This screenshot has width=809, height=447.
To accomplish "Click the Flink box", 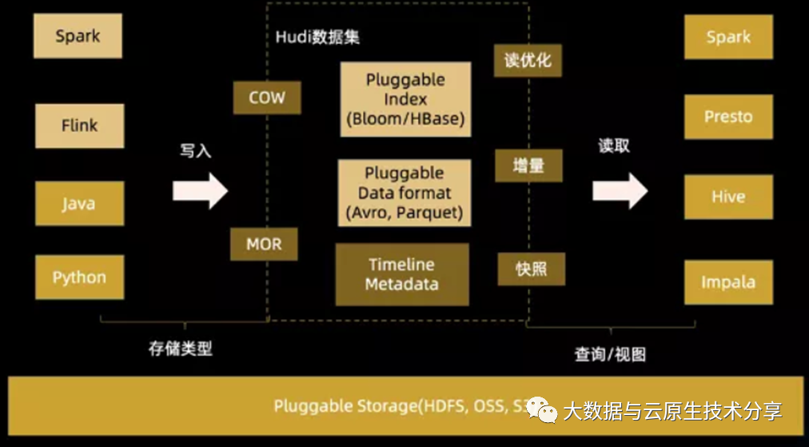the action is click(x=79, y=126).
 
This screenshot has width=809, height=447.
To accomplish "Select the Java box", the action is click(x=79, y=203).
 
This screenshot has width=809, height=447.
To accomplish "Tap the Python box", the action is click(x=79, y=277).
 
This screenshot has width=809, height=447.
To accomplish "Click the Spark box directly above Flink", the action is click(x=78, y=36).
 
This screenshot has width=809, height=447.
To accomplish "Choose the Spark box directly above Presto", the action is click(x=728, y=37).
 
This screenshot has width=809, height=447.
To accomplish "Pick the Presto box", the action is click(x=728, y=117).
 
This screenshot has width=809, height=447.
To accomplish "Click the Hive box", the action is click(x=728, y=197).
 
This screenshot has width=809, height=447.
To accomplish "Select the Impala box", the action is click(x=728, y=282).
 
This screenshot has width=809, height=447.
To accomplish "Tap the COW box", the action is click(x=267, y=98).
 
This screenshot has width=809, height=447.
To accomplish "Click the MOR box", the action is click(x=264, y=244).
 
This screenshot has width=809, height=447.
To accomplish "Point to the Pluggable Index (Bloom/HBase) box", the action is click(x=405, y=100).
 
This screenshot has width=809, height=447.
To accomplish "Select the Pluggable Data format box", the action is click(x=404, y=193).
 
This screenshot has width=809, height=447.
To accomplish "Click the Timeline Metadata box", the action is click(x=401, y=274).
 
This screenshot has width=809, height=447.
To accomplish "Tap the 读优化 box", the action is click(x=528, y=60).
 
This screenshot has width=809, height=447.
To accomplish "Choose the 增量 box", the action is click(x=528, y=166).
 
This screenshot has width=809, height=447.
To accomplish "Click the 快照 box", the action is click(x=531, y=269).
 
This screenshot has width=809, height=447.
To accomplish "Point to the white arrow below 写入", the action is click(x=200, y=190).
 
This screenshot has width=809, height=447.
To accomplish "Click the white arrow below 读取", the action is click(x=620, y=190).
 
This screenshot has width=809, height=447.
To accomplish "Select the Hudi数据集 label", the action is click(x=318, y=38).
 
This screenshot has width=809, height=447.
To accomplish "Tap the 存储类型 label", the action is click(x=181, y=349).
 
